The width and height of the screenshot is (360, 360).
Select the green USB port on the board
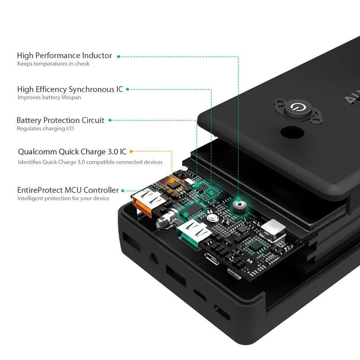[193, 233]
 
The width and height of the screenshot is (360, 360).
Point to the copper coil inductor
[238, 207]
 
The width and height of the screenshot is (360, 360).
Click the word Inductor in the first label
[97, 56]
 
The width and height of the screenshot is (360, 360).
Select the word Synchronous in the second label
[90, 89]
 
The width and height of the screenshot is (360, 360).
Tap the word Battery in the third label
[29, 121]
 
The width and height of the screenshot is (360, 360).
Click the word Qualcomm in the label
[37, 152]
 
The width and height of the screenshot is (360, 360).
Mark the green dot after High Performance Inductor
[119, 56]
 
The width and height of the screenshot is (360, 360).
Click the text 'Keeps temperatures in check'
[53, 64]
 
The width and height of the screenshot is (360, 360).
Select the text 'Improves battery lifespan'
[49, 97]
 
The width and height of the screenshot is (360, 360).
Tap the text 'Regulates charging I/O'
[45, 128]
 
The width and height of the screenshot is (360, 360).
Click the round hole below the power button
[292, 134]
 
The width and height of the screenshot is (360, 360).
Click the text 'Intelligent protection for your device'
[63, 199]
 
